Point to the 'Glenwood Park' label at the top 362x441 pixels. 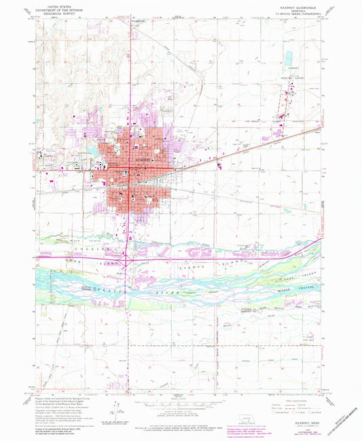tap(138, 20)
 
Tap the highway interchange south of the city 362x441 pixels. tap(131, 258)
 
